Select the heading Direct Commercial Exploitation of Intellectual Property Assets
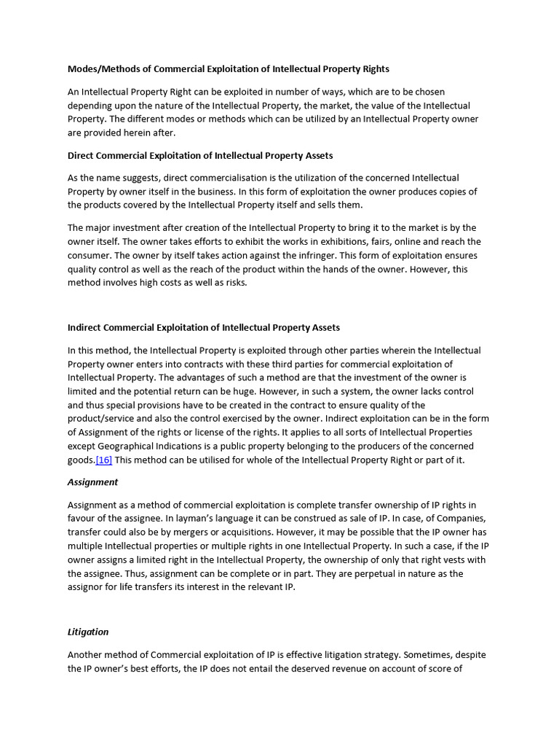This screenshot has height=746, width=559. coord(200,155)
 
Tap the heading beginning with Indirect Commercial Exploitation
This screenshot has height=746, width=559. coord(204,328)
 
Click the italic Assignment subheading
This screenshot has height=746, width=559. coord(92,482)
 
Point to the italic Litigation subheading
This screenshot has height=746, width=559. coord(88,632)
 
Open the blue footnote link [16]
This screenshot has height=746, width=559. coord(104,460)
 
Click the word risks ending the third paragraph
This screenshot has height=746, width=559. coord(234,283)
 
